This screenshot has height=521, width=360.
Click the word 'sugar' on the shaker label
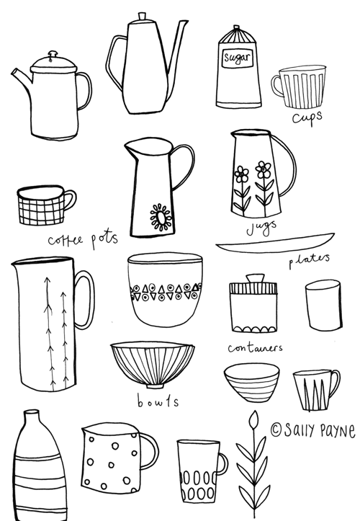pyautogui.click(x=236, y=58)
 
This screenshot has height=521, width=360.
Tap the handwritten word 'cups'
pyautogui.click(x=307, y=117)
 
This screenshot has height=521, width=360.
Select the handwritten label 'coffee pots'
pyautogui.click(x=83, y=239)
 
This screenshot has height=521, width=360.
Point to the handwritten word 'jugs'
pyautogui.click(x=261, y=227)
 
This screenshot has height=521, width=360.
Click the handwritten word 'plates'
pyautogui.click(x=309, y=259)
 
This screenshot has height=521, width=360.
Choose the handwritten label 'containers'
pyautogui.click(x=255, y=348)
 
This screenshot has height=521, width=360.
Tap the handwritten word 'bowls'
pyautogui.click(x=158, y=401)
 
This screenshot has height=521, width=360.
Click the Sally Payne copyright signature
pyautogui.click(x=313, y=431)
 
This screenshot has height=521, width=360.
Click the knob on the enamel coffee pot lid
pyautogui.click(x=53, y=54)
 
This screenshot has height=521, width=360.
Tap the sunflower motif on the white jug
pyautogui.click(x=161, y=218)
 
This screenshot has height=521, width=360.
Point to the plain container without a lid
pyautogui.click(x=323, y=306)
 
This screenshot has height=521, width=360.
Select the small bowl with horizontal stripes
pyautogui.click(x=252, y=382)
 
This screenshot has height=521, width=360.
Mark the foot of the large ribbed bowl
pyautogui.click(x=156, y=386)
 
